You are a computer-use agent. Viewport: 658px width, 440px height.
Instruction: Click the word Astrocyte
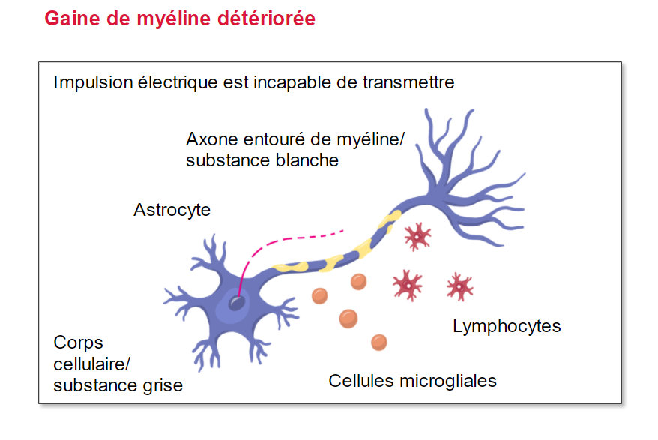point(172,210)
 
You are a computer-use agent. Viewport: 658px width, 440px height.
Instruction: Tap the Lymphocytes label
point(507,326)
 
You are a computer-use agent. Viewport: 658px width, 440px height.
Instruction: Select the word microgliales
point(448,382)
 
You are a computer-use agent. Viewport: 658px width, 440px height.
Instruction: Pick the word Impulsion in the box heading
point(93,82)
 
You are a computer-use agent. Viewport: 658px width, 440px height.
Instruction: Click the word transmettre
point(408,82)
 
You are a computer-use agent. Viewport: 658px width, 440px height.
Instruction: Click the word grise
point(163,385)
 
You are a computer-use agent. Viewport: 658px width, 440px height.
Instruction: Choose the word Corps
point(78,343)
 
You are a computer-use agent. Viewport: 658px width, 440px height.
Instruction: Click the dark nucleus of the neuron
point(237,303)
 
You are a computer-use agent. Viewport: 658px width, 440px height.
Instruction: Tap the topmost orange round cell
point(358,282)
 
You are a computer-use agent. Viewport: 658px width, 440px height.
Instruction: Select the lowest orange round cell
point(379,342)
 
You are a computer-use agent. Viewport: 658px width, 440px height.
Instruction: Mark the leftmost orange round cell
point(320,296)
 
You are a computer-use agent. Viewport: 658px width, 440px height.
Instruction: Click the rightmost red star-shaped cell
point(460,287)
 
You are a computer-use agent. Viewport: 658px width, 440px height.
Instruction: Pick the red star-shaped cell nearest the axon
point(417,237)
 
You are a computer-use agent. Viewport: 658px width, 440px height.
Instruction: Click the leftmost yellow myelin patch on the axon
point(289,267)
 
